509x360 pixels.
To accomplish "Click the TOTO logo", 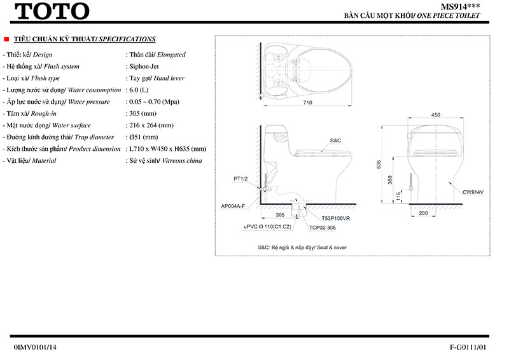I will [52, 11].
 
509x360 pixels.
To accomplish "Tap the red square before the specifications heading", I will [6, 39].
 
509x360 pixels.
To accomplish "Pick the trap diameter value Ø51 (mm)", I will [145, 137].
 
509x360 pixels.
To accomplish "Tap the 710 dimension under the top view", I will [308, 102].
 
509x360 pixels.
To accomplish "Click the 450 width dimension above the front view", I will [435, 115].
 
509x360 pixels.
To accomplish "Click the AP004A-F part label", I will [233, 206].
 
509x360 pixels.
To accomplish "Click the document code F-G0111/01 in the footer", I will [468, 347].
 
